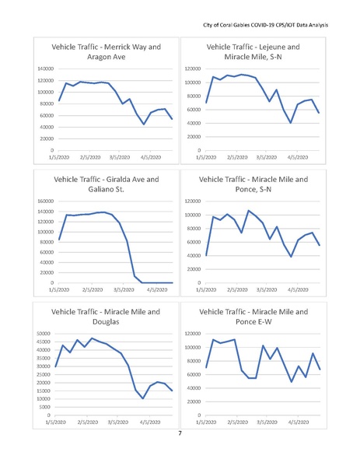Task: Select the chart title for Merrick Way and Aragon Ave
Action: tap(106, 52)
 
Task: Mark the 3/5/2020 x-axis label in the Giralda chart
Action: tap(123, 289)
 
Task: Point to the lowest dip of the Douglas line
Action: tap(143, 398)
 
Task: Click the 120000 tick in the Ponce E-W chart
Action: tap(190, 334)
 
